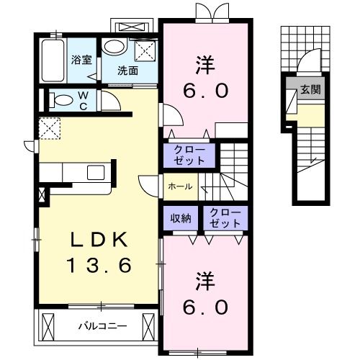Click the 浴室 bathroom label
pyautogui.click(x=81, y=60)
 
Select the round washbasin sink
pyautogui.click(x=112, y=48)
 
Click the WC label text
pyautogui.click(x=84, y=99)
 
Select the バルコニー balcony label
pyautogui.click(x=102, y=326)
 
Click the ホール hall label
pyautogui.click(x=180, y=186)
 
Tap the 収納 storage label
pyautogui.click(x=181, y=218)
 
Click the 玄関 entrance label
pyautogui.click(x=311, y=91)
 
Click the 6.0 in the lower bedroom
pyautogui.click(x=204, y=306)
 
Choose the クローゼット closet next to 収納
pyautogui.click(x=225, y=218)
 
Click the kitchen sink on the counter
pyautogui.click(x=96, y=173)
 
